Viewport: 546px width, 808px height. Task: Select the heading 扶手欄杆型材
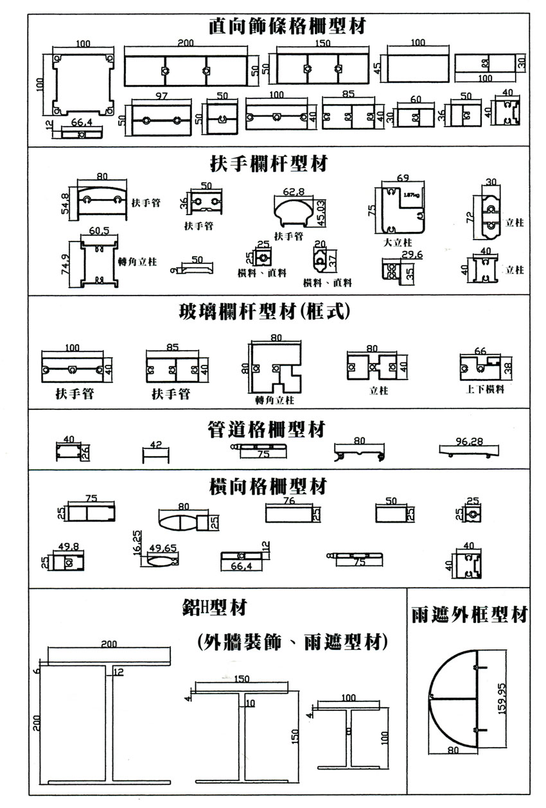269,164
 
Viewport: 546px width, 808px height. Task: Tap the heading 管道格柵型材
267,428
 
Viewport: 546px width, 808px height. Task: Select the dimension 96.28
468,441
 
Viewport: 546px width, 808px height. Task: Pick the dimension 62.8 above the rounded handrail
293,191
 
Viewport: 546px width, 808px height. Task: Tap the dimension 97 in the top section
161,95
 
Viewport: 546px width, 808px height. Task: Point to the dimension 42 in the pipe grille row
155,444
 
